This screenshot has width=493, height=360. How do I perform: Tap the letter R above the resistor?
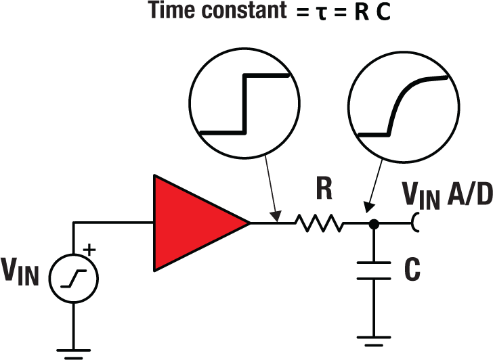[x=324, y=192]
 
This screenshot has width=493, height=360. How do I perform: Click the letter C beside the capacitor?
[x=412, y=269]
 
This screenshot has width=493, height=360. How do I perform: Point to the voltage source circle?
[x=73, y=276]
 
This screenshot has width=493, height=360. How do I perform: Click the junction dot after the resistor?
[x=372, y=222]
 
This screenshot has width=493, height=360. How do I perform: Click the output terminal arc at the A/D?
[x=414, y=222]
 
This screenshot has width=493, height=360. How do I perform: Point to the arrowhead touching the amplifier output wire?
[x=276, y=217]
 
